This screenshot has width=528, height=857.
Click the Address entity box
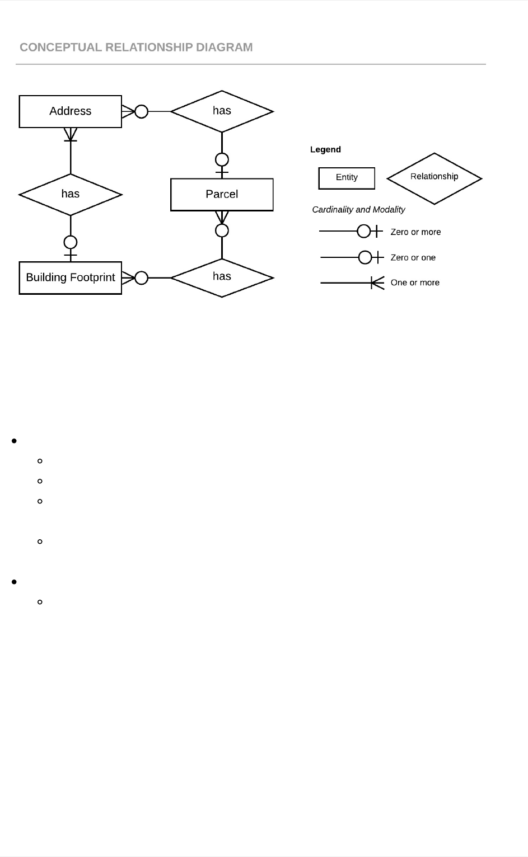70,111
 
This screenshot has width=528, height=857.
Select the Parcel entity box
222,194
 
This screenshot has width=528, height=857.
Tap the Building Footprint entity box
70,277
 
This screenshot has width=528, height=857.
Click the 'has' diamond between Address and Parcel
222,111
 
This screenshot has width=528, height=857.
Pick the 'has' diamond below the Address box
70,194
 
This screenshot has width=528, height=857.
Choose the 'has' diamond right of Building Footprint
222,277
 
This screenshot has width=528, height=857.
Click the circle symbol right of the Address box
142,111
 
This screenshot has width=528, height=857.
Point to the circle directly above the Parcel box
222,159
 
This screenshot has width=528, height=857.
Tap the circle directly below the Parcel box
222,230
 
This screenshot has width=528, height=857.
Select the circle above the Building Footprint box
71,242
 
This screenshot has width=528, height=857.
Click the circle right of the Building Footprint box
142,277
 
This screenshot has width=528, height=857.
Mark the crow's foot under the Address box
71,134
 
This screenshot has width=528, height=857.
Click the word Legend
325,149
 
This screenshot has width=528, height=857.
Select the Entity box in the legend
347,177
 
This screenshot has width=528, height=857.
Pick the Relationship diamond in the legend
434,177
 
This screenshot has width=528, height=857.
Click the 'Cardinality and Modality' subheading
358,209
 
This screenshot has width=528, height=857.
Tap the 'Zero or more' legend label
415,232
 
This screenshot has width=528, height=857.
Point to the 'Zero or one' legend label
413,257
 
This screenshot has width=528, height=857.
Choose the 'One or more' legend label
415,282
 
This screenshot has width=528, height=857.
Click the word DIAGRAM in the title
224,48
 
